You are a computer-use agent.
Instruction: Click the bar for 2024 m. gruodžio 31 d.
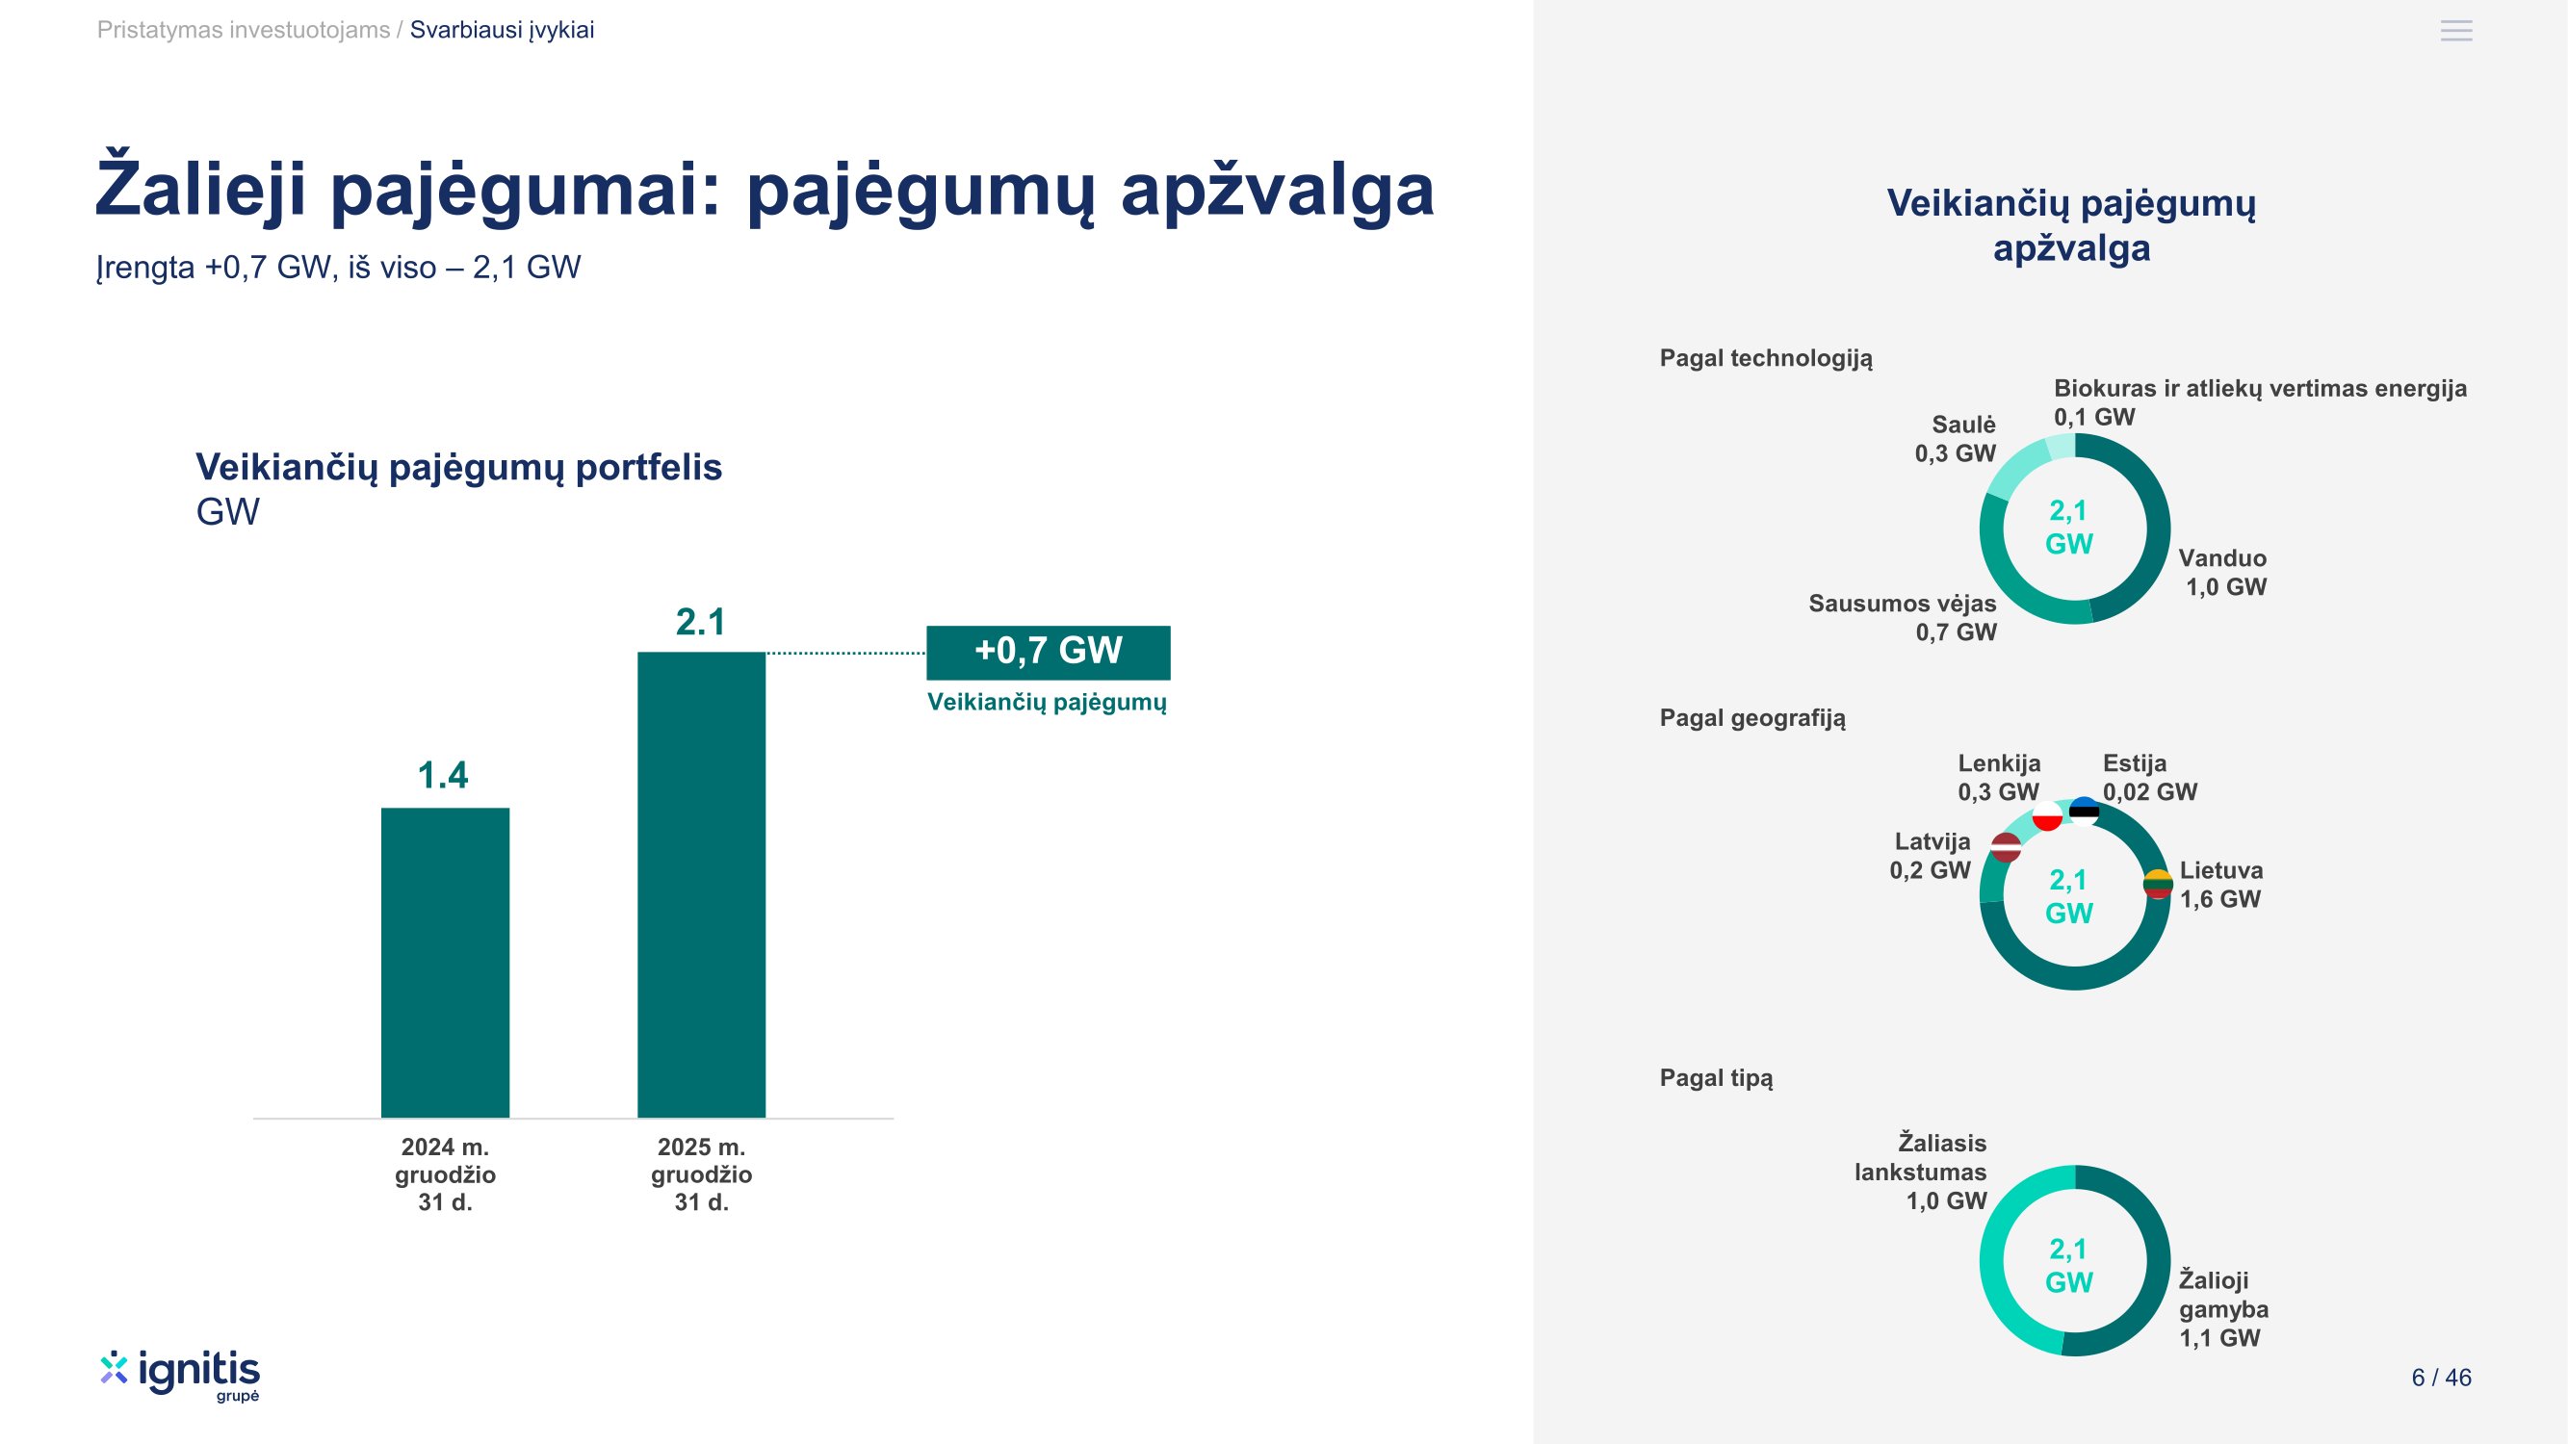coord(445,962)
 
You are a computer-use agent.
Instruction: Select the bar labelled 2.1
coord(701,884)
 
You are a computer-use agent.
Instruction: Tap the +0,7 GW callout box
coord(1048,652)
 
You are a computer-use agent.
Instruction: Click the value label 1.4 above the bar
coord(443,775)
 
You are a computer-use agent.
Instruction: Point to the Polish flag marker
coord(2047,816)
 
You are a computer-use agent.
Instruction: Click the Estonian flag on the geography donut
coord(2084,812)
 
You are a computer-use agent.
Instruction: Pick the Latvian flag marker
coord(2006,847)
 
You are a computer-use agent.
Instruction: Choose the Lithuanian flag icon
coord(2157,884)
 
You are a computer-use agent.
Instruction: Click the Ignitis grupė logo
coord(180,1376)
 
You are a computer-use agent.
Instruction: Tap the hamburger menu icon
coord(2455,31)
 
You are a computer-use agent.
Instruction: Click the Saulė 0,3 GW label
coord(1955,438)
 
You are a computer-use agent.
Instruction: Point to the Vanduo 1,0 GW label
coord(2222,572)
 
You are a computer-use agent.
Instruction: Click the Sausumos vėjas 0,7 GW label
coord(1902,617)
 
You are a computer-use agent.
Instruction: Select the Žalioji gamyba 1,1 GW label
coord(2222,1308)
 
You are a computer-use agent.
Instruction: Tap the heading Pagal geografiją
coord(1751,717)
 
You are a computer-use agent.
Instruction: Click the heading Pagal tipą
coord(1716,1077)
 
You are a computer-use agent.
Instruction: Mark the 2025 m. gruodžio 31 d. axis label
coord(701,1173)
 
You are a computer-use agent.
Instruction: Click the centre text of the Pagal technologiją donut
coord(2068,528)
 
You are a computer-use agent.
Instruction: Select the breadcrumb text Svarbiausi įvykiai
coord(502,30)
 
